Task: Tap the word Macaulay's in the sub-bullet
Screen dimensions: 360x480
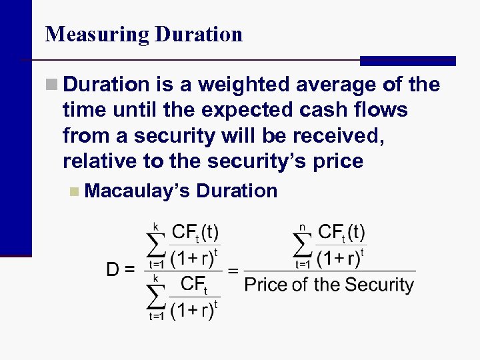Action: coord(137,191)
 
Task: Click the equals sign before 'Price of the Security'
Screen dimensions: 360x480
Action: coord(233,271)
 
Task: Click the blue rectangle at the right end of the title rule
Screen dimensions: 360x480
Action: coord(407,61)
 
